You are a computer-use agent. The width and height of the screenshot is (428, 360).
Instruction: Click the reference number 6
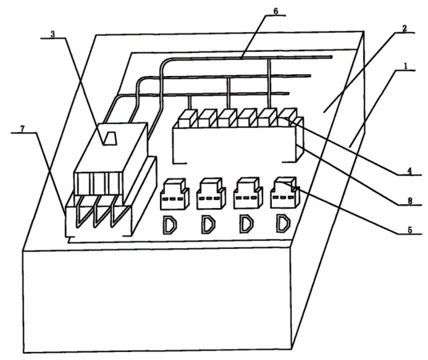(x=275, y=11)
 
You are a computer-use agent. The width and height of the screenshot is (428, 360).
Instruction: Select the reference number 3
(x=53, y=34)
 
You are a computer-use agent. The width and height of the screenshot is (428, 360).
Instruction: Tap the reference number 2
(x=404, y=28)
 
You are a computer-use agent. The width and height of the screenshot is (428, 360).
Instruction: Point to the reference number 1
(x=406, y=66)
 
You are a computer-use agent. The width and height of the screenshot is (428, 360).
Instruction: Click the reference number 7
(x=22, y=128)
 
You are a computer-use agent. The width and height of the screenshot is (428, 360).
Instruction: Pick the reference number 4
(x=409, y=171)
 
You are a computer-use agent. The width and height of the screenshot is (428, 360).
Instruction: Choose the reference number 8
(x=410, y=201)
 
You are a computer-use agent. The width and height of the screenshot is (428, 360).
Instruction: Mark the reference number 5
(x=410, y=230)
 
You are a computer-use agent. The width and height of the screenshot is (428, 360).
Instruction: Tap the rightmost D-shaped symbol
(x=278, y=223)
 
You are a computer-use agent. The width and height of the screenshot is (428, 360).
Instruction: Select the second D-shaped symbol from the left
(x=203, y=225)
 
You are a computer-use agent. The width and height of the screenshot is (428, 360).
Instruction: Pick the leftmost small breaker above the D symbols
(x=174, y=194)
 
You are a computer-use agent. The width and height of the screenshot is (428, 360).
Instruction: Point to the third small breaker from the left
(x=248, y=194)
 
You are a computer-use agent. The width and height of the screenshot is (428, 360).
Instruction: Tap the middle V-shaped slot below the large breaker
(x=100, y=211)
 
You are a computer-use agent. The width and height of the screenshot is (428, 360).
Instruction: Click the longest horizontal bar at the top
(x=246, y=58)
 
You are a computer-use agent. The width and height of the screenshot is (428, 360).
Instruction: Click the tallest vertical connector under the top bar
(x=270, y=83)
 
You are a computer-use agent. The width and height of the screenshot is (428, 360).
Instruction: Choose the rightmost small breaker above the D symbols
(x=285, y=192)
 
